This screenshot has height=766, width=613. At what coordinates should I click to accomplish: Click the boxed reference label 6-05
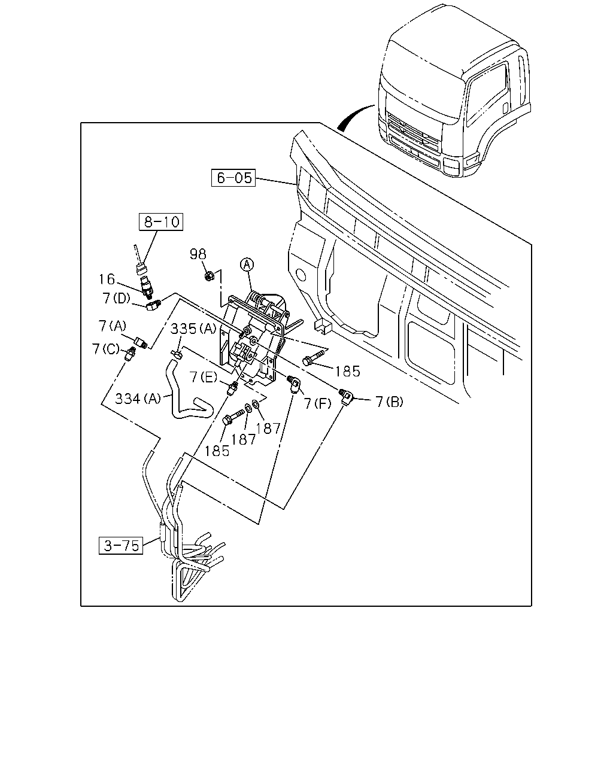pos(233,178)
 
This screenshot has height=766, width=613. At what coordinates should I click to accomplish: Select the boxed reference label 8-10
pos(161,222)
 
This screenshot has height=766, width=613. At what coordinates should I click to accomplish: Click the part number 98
pos(198,254)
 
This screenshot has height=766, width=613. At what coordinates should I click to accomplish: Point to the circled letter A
pos(247,265)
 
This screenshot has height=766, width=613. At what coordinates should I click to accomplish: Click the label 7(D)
pos(117,298)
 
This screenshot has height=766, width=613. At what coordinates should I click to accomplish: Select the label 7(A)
pos(112,326)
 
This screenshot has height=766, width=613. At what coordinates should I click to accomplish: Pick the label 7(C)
pos(106,349)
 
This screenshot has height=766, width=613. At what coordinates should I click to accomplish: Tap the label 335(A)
pos(193,329)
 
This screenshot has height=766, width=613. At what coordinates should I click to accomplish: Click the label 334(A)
pos(138,399)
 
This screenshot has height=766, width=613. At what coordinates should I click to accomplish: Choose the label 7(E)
pos(203,376)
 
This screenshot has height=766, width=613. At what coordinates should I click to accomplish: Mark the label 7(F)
pos(317,403)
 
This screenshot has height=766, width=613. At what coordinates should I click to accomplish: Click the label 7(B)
pos(390,402)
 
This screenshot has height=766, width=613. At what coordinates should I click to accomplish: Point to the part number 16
pos(107,279)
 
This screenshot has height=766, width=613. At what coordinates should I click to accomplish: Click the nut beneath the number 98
pos(209,275)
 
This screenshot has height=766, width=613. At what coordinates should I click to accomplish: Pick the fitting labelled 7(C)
pos(129,354)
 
